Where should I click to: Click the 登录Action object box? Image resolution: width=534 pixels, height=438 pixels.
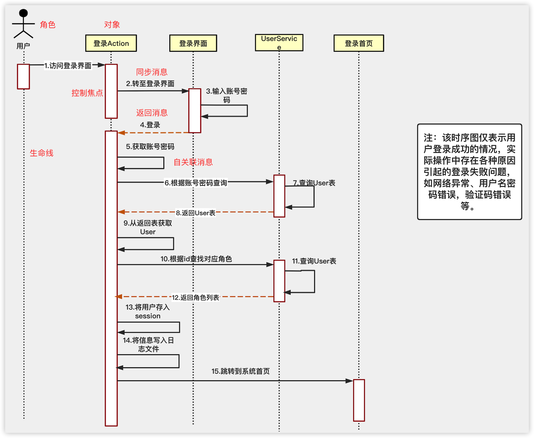tap(111, 43)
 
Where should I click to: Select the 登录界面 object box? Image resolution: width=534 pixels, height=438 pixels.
tap(193, 43)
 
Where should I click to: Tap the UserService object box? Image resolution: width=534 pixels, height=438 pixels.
tap(279, 43)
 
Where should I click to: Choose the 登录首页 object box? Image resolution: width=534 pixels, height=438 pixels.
tap(359, 43)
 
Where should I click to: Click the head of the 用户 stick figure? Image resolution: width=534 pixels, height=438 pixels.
tap(23, 13)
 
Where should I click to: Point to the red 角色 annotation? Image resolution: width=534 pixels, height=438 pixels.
tap(48, 25)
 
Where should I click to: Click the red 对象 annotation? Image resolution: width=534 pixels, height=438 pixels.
tap(112, 25)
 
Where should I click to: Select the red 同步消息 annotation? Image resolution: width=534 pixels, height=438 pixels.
tap(152, 72)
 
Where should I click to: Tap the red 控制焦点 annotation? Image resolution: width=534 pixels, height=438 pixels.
tap(87, 93)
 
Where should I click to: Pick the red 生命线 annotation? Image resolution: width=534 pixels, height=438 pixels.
tap(41, 153)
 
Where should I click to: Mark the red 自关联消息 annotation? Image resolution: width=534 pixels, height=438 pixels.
tap(193, 162)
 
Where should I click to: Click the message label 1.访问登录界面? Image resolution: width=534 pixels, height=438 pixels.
tap(68, 66)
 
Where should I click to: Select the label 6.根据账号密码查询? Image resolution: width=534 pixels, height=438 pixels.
tap(196, 183)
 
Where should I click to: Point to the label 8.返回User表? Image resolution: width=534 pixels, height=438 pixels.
tap(195, 213)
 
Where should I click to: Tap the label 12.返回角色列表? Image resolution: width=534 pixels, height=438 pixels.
tap(195, 297)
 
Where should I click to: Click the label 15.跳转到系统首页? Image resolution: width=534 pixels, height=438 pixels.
tap(240, 371)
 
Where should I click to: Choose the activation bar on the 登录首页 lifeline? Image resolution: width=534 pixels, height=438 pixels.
tap(359, 400)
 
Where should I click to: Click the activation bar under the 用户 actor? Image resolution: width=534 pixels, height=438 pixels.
tap(23, 77)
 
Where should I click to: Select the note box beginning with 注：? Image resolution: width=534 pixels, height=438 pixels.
tap(469, 172)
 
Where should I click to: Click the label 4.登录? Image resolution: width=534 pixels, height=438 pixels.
tap(150, 125)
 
